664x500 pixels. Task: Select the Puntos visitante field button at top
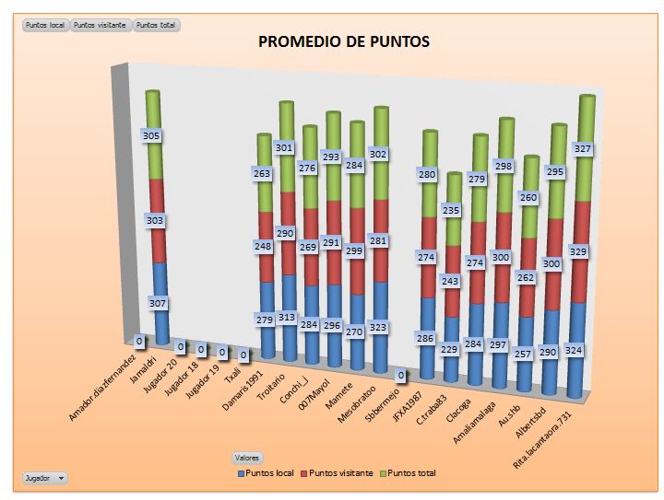point(101,25)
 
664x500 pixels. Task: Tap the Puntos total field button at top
point(157,25)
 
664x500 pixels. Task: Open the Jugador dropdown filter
point(45,478)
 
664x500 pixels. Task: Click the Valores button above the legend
point(246,457)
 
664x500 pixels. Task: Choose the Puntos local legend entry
point(267,472)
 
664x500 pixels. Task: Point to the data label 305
point(152,135)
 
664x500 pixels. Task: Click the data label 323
point(377,327)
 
